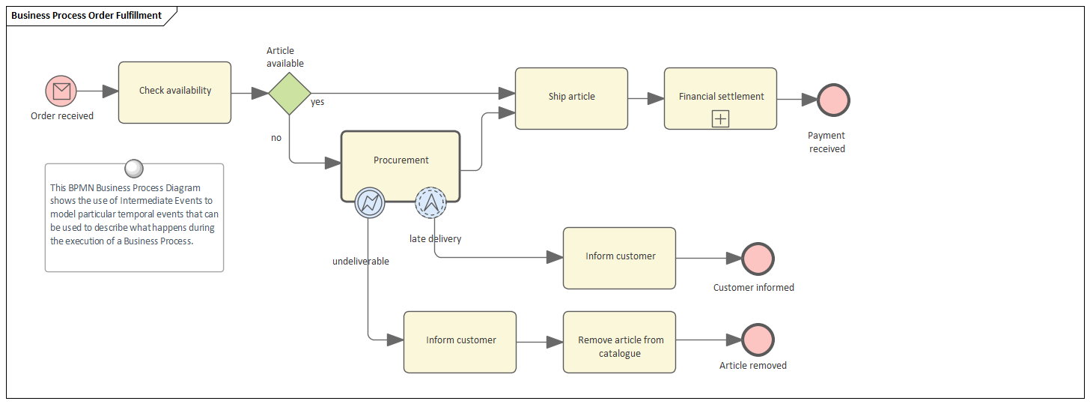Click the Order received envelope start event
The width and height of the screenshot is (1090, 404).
click(x=61, y=91)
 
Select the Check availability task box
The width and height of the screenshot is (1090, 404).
click(x=174, y=92)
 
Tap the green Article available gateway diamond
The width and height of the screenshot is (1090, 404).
click(x=290, y=94)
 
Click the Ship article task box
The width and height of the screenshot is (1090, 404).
click(x=571, y=98)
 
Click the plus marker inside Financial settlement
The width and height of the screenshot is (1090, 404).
click(x=720, y=118)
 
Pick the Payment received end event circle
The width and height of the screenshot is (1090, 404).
click(x=833, y=100)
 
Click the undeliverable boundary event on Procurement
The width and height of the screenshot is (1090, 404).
click(x=370, y=202)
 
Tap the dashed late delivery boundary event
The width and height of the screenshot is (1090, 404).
click(x=430, y=202)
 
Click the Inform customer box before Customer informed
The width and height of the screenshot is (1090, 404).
click(x=619, y=258)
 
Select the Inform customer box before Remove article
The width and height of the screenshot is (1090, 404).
click(x=460, y=342)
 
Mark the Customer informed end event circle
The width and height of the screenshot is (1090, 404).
click(x=758, y=259)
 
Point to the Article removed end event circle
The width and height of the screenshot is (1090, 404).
click(x=758, y=340)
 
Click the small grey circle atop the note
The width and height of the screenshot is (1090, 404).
click(x=134, y=169)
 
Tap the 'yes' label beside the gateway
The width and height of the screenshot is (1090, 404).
click(x=317, y=102)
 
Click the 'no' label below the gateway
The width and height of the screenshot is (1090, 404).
click(x=276, y=138)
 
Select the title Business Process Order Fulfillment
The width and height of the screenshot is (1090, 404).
click(x=86, y=15)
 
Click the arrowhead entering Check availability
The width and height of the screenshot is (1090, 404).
click(x=110, y=91)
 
